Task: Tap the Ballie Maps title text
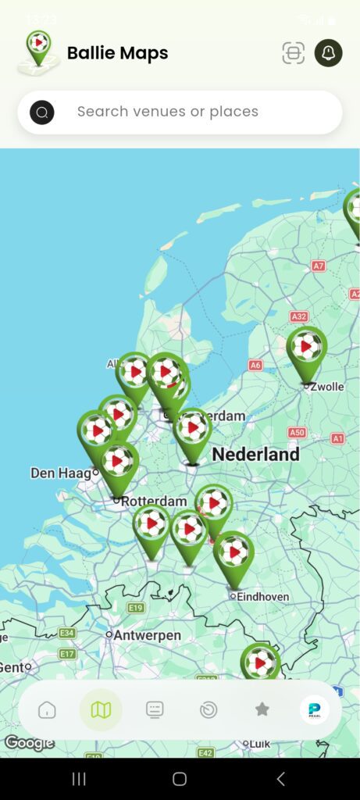[117, 53]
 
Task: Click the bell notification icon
[328, 53]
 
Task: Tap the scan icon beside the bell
[293, 53]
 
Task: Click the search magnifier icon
[42, 112]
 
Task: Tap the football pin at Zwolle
[307, 347]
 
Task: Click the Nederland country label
[255, 454]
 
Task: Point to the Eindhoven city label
[263, 597]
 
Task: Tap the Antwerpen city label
[147, 635]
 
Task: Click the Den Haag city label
[59, 473]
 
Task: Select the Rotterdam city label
[155, 501]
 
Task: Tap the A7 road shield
[318, 266]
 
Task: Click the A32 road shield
[299, 317]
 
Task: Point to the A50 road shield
[297, 432]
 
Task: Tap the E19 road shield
[136, 608]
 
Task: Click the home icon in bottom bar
[47, 709]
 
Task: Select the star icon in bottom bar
[262, 709]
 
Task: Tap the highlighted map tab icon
[101, 709]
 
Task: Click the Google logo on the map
[29, 743]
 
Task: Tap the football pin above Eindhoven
[233, 552]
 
